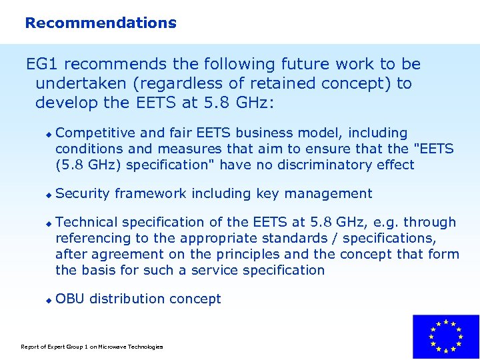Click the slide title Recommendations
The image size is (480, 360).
click(x=101, y=23)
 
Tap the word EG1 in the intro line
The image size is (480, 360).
click(x=43, y=65)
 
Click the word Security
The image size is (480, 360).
click(x=83, y=194)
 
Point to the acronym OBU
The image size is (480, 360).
click(x=70, y=299)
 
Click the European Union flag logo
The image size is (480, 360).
click(x=445, y=337)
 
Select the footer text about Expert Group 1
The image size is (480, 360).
click(x=92, y=347)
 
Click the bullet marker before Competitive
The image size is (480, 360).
click(x=48, y=135)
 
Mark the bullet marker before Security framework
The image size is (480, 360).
click(x=48, y=195)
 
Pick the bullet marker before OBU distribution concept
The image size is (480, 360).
click(x=48, y=301)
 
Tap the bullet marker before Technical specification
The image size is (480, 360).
click(x=48, y=224)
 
